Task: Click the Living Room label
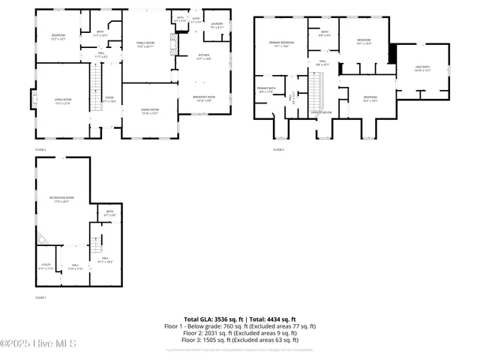click(x=61, y=100)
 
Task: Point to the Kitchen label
click(x=204, y=56)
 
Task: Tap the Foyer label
click(x=109, y=99)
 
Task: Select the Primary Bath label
click(x=267, y=90)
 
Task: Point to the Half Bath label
click(x=424, y=70)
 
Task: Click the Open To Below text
click(x=321, y=112)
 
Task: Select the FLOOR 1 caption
click(x=40, y=298)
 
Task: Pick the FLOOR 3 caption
click(x=278, y=149)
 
